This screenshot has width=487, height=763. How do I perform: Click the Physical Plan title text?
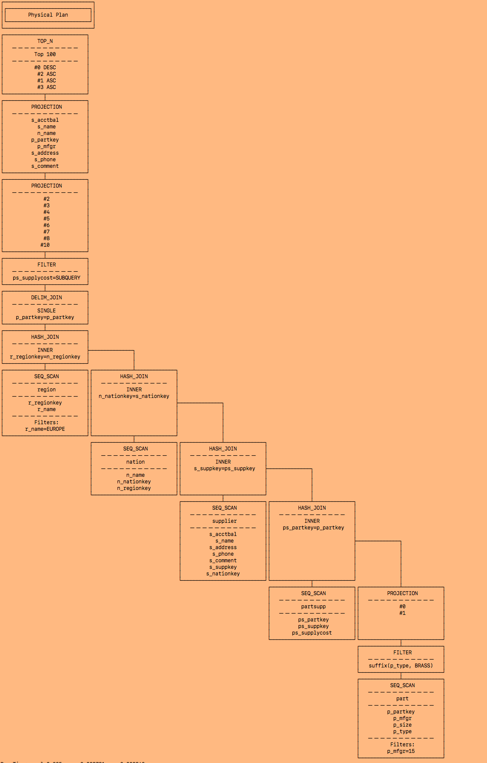coord(48,15)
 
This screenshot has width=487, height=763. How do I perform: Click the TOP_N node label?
coord(45,41)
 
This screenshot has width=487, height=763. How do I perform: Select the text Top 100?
coord(45,54)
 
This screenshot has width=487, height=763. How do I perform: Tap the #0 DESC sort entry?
coord(45,67)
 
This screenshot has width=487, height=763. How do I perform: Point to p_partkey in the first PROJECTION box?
coord(45,140)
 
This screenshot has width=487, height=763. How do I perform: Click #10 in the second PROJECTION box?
coord(45,245)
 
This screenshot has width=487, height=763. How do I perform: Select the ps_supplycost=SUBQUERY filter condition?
coord(46,278)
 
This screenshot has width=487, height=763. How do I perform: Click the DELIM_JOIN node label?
coord(46,298)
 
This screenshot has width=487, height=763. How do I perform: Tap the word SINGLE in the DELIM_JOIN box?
coord(46,311)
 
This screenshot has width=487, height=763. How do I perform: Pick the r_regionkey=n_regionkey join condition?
coord(45,357)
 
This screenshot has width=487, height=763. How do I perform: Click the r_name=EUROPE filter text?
coord(45,429)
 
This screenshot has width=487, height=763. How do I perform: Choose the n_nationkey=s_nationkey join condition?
coord(134,396)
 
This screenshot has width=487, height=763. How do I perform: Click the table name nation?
coord(135,462)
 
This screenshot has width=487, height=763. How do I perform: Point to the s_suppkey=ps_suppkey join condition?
coord(224,468)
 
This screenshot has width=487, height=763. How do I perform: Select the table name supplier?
coord(224,521)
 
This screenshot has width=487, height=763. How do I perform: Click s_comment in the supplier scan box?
coord(223,561)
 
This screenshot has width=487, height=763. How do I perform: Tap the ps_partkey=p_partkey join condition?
coord(313,528)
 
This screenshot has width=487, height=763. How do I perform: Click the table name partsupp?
coord(313,607)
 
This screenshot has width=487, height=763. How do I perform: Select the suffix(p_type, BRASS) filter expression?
coord(401,666)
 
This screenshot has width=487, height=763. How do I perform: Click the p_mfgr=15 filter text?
coord(401,751)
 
